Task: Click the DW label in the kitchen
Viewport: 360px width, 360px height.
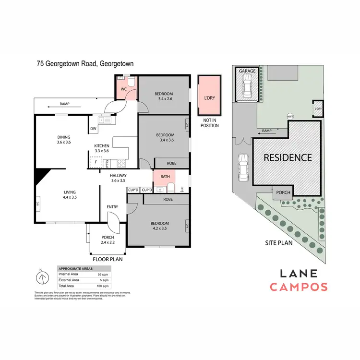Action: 93,128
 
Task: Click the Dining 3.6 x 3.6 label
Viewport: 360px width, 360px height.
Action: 64,139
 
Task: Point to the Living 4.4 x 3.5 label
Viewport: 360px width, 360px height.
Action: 70,194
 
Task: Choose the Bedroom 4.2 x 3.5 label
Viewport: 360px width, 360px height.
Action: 159,226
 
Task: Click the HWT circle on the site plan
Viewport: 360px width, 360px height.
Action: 289,117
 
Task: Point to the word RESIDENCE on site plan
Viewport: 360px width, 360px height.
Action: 287,157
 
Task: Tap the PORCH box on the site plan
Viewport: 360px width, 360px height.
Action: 283,192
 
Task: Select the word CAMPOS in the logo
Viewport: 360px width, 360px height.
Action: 298,287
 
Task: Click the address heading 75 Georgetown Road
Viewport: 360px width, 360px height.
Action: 85,63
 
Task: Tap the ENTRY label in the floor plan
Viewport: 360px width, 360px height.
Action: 113,207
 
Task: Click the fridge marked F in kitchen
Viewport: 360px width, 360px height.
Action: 96,162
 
